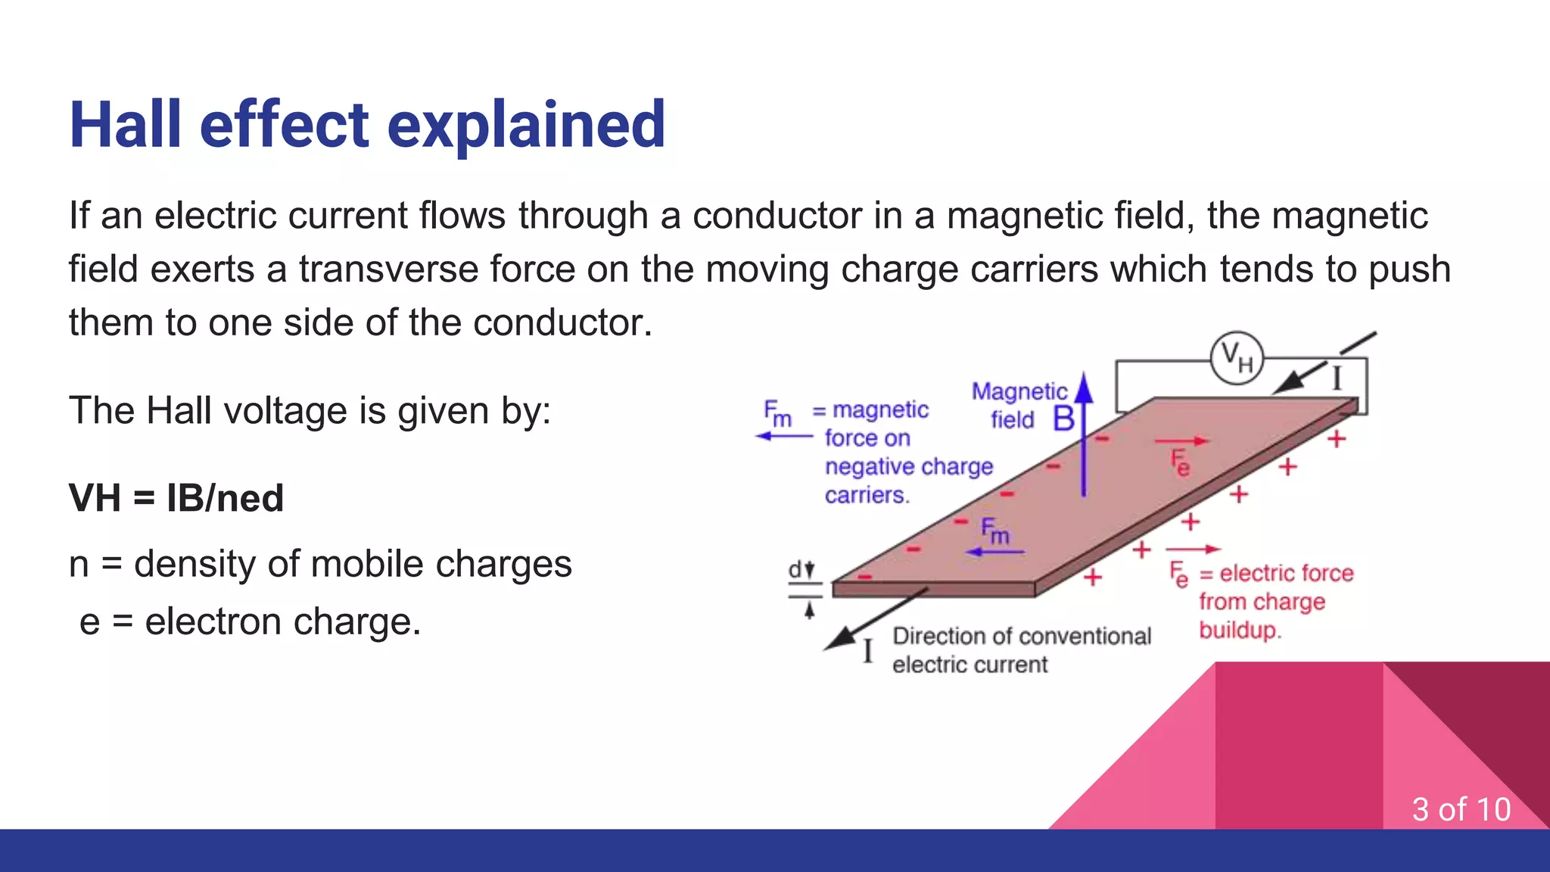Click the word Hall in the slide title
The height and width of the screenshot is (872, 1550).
(x=126, y=125)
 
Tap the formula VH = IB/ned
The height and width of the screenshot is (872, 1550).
(x=176, y=499)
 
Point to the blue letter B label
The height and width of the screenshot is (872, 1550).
(x=1063, y=419)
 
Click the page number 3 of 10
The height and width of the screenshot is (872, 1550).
(x=1461, y=809)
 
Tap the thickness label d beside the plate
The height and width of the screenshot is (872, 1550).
(x=795, y=570)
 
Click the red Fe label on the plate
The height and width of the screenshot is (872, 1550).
(x=1179, y=462)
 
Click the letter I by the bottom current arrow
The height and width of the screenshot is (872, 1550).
(x=868, y=651)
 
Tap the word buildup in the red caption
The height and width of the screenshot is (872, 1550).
(x=1239, y=631)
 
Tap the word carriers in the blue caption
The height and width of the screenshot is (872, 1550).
(x=866, y=495)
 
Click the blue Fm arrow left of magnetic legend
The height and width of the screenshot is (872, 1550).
(x=784, y=437)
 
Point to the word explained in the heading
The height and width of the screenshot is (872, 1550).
(x=526, y=125)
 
